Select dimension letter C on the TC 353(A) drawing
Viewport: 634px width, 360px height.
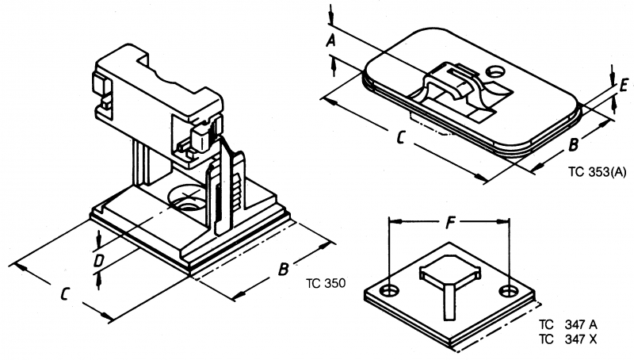[x=401, y=139]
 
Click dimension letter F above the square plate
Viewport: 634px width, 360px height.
[x=449, y=224]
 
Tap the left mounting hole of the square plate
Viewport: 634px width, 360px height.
[x=389, y=290]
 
